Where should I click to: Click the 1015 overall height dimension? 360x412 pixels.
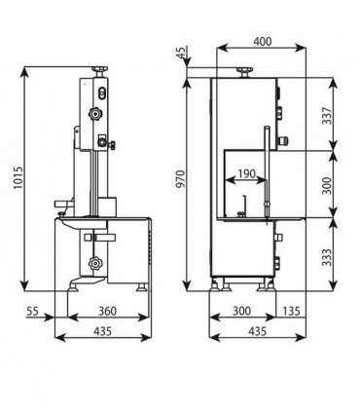point(18,178)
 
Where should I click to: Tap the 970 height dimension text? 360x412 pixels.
point(180,178)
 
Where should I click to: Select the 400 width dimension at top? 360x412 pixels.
point(263,42)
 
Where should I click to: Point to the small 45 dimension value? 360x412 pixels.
point(182,53)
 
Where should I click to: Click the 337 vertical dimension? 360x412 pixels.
point(327,116)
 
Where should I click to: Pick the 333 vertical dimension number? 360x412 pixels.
point(327,257)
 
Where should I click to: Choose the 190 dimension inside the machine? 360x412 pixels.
point(246,173)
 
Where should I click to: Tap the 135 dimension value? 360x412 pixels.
point(291,311)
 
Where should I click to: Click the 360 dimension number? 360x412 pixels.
point(107,311)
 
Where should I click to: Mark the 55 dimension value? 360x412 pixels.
point(32,311)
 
